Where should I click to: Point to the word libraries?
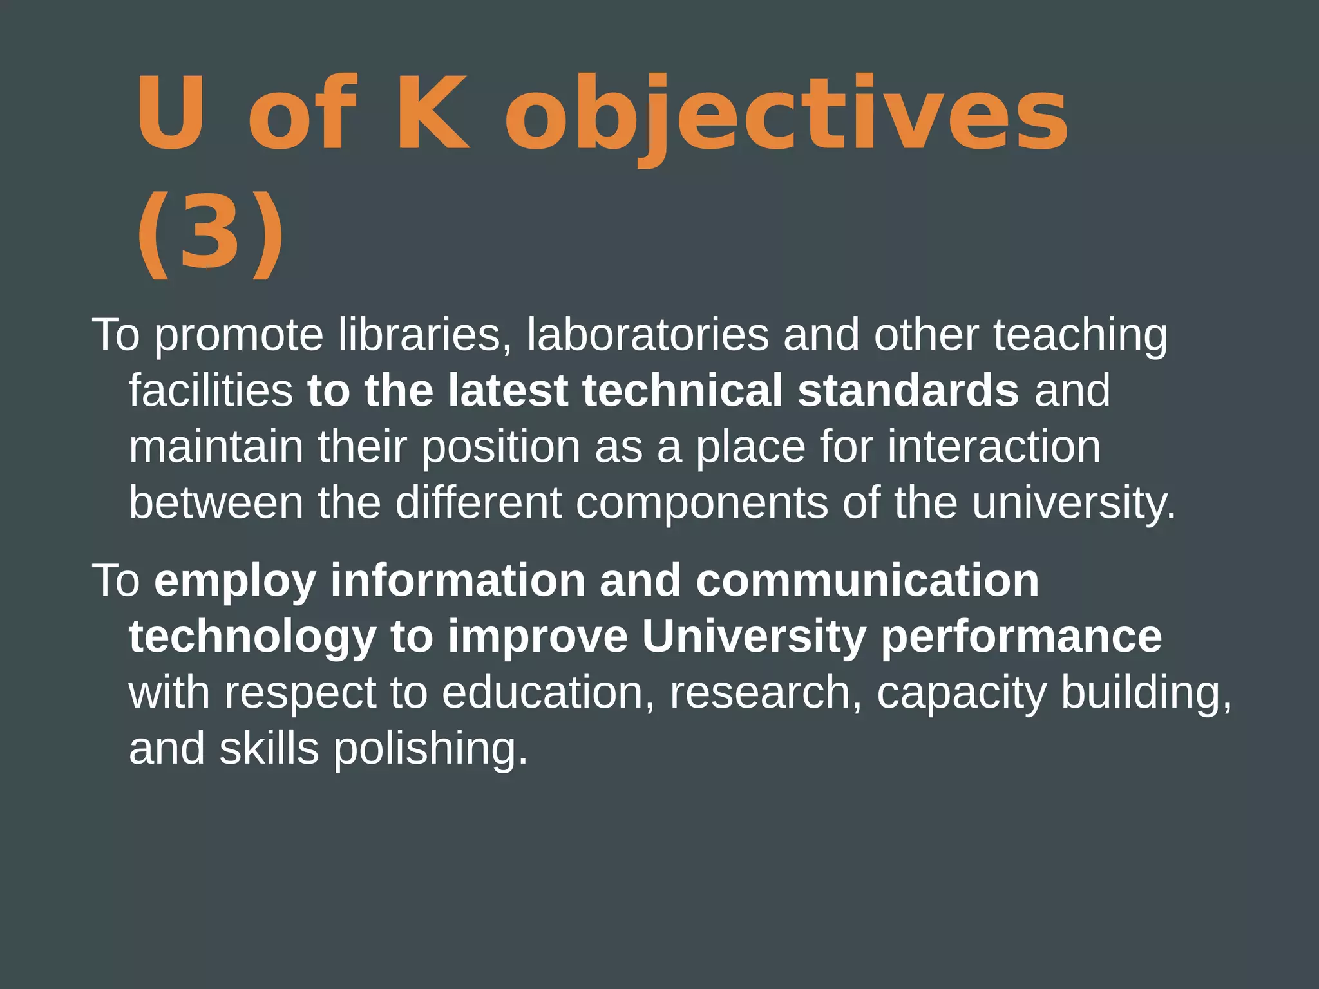425,335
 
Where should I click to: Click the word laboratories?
648,335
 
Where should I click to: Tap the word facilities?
211,390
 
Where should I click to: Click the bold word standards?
908,390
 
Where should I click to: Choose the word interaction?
994,446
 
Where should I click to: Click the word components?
701,504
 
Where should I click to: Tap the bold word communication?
867,580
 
